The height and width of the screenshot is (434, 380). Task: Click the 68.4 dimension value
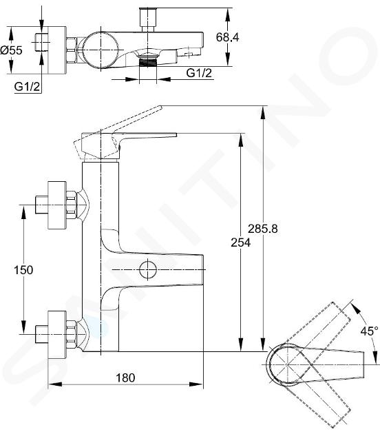click(227, 37)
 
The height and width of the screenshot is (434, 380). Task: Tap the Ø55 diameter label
click(11, 50)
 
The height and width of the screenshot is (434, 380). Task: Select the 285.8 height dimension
click(263, 229)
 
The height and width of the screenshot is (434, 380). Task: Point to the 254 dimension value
click(241, 242)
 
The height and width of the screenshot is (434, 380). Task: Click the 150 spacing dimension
click(23, 270)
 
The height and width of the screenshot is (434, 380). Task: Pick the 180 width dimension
click(125, 378)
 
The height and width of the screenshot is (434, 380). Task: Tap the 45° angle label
click(370, 331)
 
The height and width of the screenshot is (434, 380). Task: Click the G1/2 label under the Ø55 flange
click(27, 87)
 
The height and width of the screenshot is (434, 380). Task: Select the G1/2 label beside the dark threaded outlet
click(199, 73)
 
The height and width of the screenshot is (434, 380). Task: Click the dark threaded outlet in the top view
click(148, 62)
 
